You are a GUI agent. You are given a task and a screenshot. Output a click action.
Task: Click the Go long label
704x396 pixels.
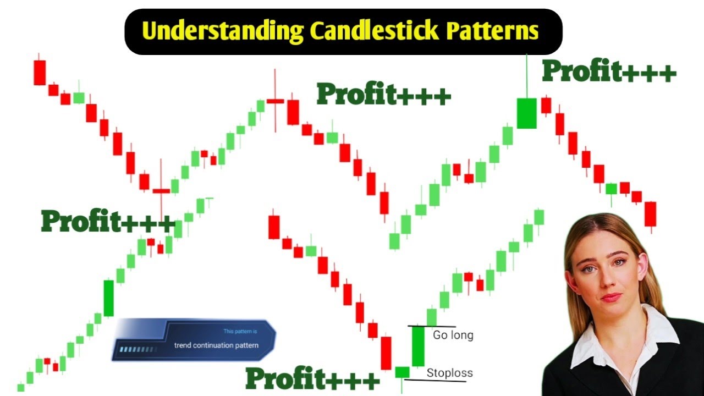click(453, 335)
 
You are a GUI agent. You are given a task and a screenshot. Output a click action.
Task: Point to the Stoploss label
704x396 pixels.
click(449, 373)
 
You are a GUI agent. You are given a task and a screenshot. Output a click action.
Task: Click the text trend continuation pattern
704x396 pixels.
click(216, 345)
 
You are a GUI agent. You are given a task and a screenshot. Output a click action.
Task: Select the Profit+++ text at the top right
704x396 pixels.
click(609, 71)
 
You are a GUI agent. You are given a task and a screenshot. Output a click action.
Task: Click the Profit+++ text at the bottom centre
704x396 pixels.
click(312, 379)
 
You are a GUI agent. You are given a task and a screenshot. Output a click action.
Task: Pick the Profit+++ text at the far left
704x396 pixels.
click(108, 222)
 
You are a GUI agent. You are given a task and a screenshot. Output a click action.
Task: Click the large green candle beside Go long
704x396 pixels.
click(419, 346)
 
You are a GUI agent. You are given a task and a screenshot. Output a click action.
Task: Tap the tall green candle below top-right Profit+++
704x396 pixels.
click(526, 113)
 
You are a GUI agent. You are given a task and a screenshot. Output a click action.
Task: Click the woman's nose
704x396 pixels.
click(607, 278)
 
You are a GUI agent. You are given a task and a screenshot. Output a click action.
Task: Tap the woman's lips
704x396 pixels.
click(609, 297)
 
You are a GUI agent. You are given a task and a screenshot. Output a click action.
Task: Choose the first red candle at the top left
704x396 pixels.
click(40, 72)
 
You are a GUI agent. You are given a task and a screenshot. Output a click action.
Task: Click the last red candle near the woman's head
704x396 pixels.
click(651, 214)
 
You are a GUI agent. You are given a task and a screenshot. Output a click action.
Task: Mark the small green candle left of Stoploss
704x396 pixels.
click(402, 372)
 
